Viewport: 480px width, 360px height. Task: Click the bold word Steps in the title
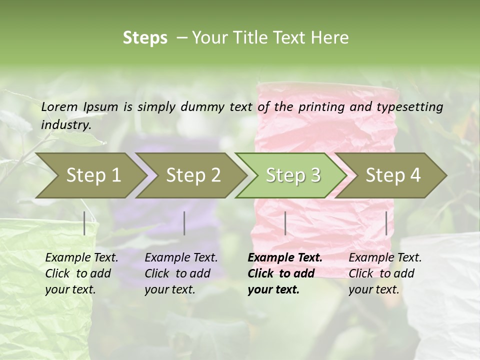pos(145,38)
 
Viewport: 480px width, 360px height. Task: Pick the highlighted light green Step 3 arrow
pos(293,175)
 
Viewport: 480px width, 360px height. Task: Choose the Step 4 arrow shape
pos(393,175)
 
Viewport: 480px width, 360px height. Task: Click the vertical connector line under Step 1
pos(84,223)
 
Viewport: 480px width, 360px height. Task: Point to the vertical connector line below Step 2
pos(184,223)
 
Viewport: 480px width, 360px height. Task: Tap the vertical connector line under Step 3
pos(285,223)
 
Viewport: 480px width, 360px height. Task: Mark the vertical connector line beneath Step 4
pos(386,223)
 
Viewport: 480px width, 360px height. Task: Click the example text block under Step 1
pos(81,273)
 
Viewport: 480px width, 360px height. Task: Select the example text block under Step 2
pos(181,273)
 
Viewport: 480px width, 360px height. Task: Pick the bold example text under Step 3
pos(285,273)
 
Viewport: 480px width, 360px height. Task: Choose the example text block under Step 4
pos(385,273)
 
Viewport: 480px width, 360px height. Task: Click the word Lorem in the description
pos(59,106)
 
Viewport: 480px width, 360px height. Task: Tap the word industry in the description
pos(66,125)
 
